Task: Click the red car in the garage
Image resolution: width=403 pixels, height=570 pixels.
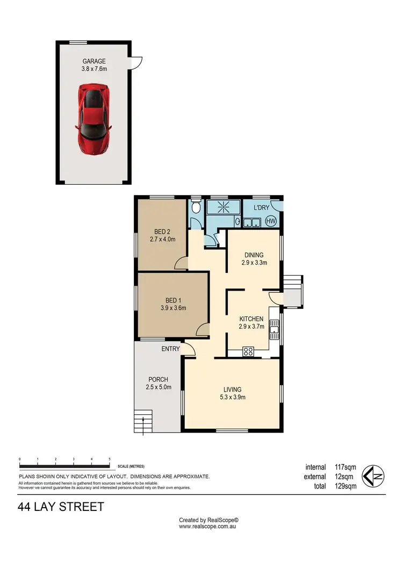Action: [93, 118]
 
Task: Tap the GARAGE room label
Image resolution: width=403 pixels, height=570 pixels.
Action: [93, 61]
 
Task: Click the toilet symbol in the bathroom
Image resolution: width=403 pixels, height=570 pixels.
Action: [196, 208]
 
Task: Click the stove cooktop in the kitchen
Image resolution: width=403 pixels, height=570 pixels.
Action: [249, 352]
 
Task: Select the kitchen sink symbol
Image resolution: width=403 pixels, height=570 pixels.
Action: [274, 327]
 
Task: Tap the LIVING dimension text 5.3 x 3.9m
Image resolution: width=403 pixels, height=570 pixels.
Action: [232, 398]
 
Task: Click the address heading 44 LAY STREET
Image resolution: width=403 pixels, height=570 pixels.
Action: [61, 507]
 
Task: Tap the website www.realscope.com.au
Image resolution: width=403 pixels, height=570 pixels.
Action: [208, 527]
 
